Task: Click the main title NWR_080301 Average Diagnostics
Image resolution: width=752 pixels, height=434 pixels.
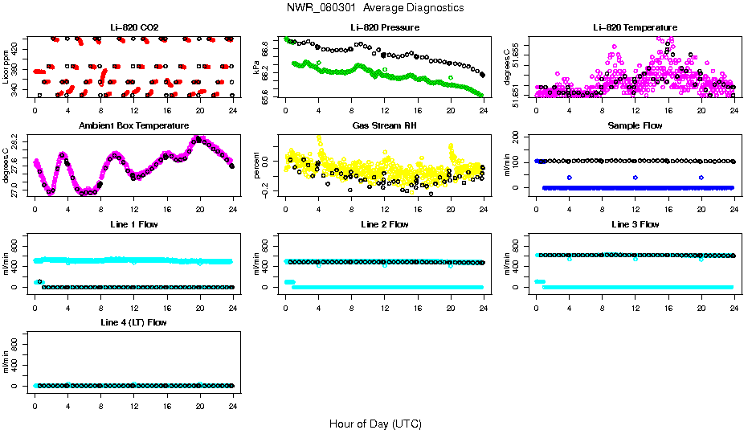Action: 375,7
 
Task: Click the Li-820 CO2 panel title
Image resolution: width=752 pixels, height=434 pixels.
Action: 134,28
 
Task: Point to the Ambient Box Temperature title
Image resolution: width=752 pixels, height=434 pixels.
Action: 134,126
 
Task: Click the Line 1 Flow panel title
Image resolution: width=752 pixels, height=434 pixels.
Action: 134,224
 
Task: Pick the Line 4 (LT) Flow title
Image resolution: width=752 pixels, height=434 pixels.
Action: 134,322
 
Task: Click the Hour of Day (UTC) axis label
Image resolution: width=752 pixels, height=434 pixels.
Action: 375,424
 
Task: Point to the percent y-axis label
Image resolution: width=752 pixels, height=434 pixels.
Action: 257,165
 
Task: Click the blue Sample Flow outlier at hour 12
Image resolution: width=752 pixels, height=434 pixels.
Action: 636,177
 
